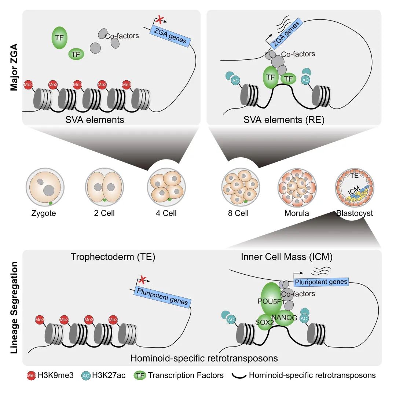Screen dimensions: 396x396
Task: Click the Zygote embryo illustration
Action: (45, 187)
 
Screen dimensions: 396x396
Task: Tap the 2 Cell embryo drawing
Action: (103, 187)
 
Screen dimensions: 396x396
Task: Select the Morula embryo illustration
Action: (297, 187)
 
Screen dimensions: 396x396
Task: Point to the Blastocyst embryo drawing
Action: (354, 187)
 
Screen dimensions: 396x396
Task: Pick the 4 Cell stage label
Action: (165, 213)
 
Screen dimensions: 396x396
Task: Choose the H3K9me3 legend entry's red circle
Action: (31, 375)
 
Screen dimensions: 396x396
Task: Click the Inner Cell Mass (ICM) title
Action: (287, 257)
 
